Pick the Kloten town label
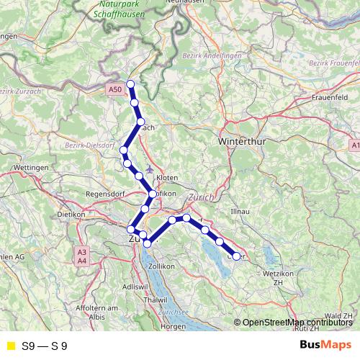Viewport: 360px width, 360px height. coord(166,176)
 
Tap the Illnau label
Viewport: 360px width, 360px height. coord(238,212)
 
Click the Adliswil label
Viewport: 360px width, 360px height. coord(135,286)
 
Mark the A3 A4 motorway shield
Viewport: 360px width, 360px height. coord(82,256)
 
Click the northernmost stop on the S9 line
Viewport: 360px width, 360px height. coord(130,85)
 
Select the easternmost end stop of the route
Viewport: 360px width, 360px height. coord(236,256)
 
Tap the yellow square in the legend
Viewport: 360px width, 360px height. coord(10,346)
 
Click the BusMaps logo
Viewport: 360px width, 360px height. coord(327,346)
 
